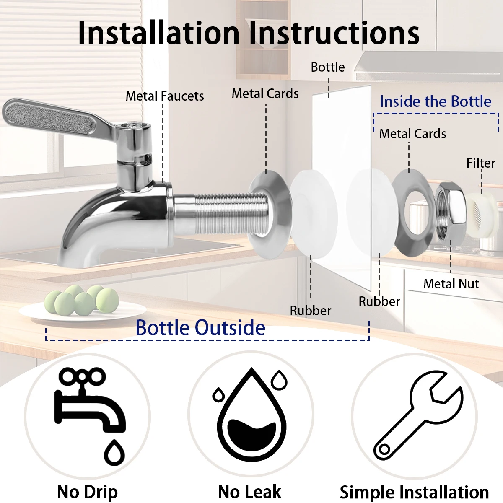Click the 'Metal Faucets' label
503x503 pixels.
point(165,96)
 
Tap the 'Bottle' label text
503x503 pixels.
point(328,67)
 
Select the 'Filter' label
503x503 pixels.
point(481,163)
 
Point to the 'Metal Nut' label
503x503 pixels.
point(451,284)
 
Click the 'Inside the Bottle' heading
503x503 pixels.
point(436,101)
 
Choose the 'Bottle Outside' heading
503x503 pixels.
point(200,327)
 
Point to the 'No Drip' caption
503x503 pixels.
point(87,492)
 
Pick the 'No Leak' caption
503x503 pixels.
point(250,492)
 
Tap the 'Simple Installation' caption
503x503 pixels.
point(414,492)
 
